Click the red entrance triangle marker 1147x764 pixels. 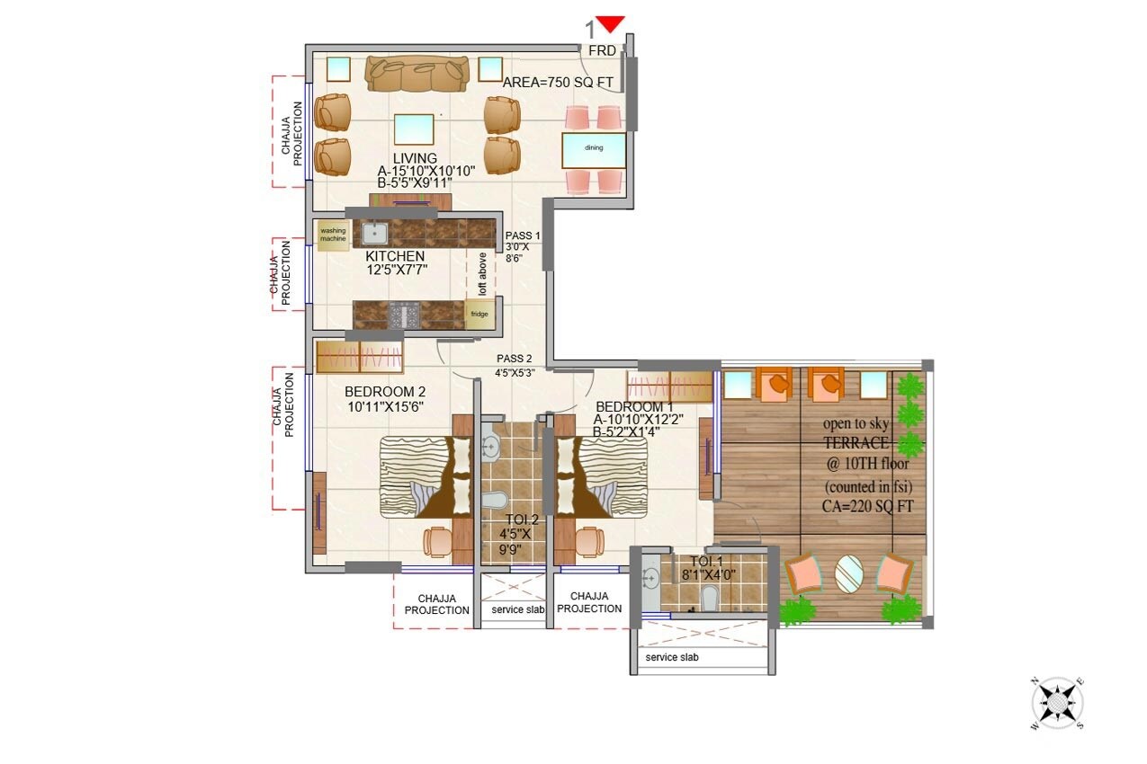click(611, 25)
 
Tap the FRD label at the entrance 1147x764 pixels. click(602, 51)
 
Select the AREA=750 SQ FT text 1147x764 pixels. click(558, 83)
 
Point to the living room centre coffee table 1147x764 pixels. click(413, 130)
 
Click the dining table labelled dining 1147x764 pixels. click(594, 148)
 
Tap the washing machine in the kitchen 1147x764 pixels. click(332, 235)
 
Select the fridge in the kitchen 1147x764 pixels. click(479, 314)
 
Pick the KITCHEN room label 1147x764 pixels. click(395, 256)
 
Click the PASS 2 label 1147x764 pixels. click(515, 359)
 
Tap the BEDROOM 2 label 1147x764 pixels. click(385, 392)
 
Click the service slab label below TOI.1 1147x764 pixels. click(672, 657)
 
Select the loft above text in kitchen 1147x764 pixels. click(482, 274)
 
